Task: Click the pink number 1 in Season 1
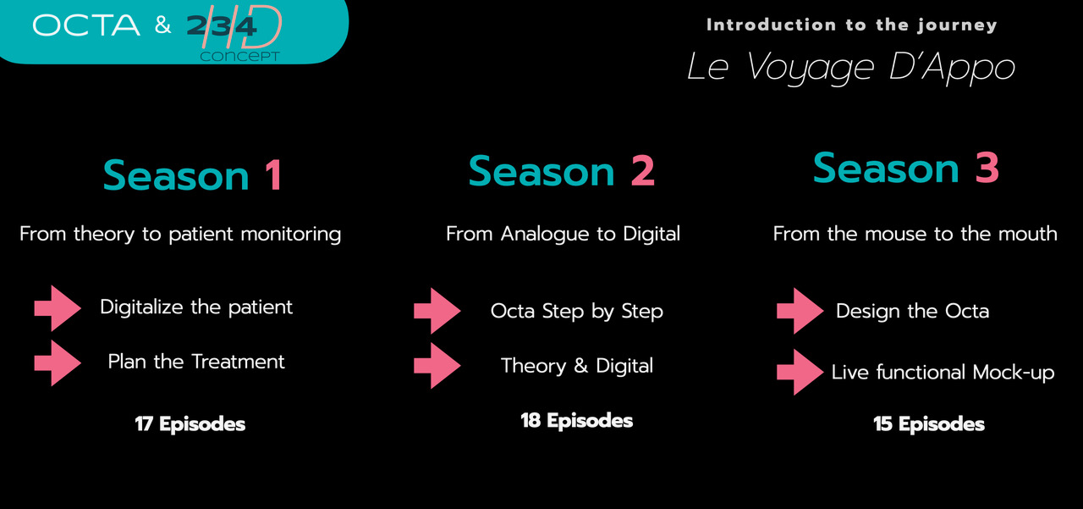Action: click(274, 174)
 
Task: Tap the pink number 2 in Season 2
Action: click(642, 171)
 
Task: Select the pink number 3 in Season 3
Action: click(987, 168)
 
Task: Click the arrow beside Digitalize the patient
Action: click(58, 308)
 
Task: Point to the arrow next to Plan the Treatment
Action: click(58, 362)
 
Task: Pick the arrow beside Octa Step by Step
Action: click(437, 311)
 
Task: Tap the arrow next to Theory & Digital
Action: click(437, 366)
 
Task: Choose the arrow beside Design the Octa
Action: click(800, 311)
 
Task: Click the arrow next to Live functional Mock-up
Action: click(800, 372)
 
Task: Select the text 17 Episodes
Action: click(190, 424)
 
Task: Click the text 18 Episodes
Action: click(576, 421)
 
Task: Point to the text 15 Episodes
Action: click(929, 424)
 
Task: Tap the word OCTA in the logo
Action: click(86, 25)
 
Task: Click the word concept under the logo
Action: click(239, 57)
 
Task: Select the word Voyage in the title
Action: click(811, 68)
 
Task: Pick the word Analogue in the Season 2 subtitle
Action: click(545, 235)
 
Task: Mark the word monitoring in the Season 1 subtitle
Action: click(291, 235)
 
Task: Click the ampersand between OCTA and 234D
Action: click(163, 25)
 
